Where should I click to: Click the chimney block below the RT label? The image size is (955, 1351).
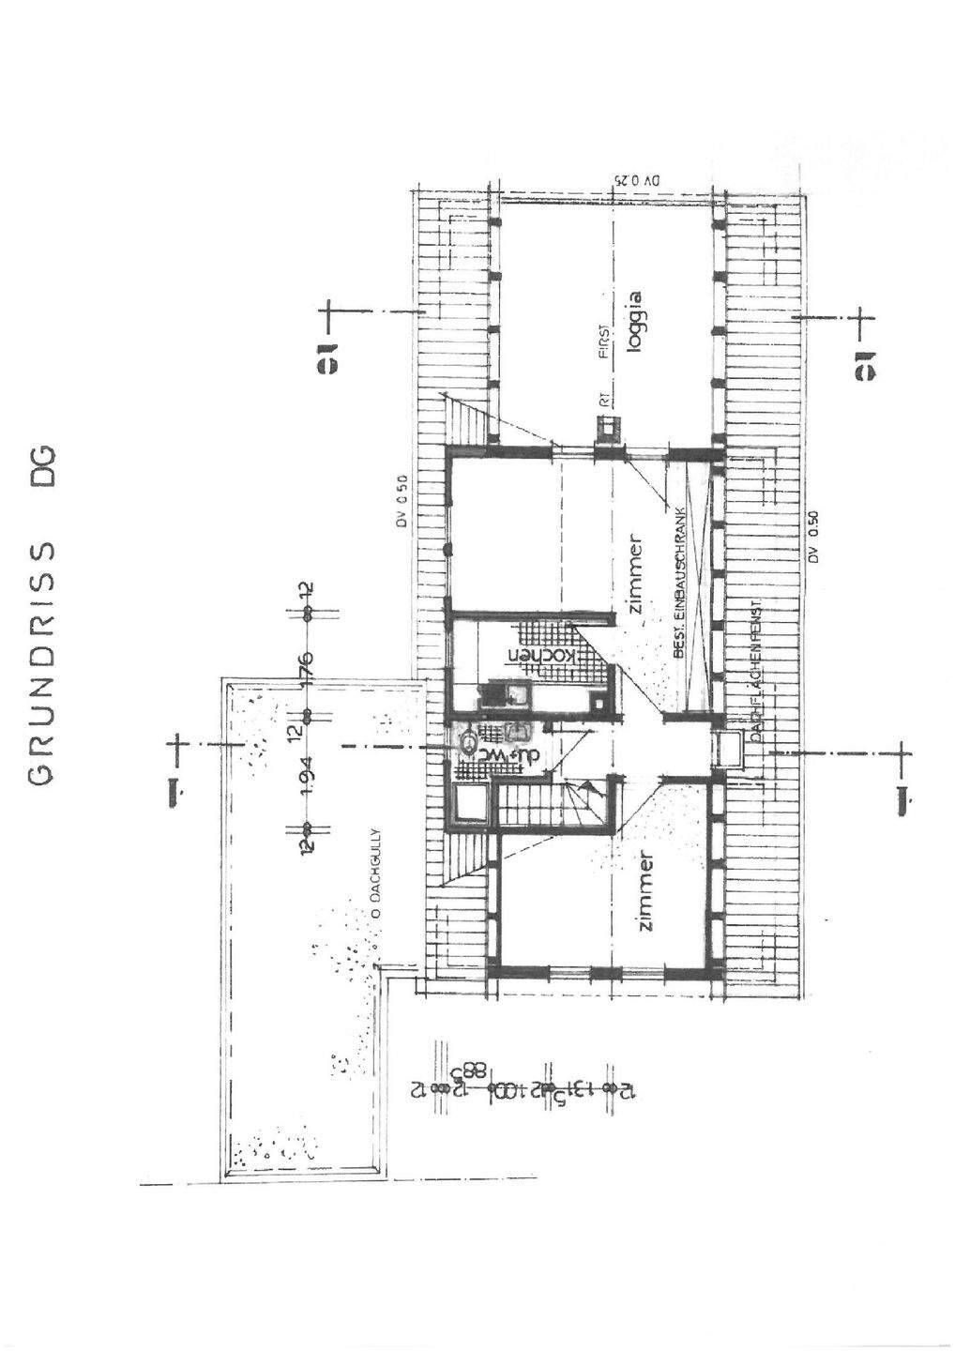pyautogui.click(x=607, y=428)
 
